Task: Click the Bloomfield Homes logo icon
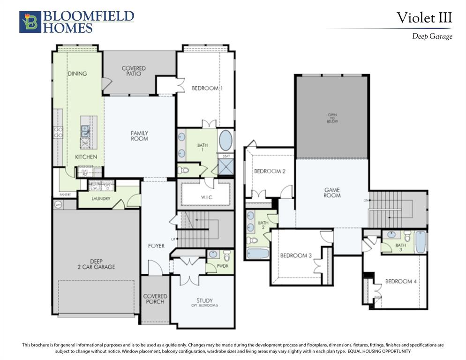pyautogui.click(x=30, y=22)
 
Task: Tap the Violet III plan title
pyautogui.click(x=424, y=18)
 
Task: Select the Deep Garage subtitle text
pyautogui.click(x=432, y=37)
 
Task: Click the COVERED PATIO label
pyautogui.click(x=134, y=71)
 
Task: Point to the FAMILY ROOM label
pyautogui.click(x=139, y=136)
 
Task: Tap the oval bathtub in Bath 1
pyautogui.click(x=225, y=140)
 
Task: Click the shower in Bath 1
pyautogui.click(x=225, y=166)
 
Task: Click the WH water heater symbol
pyautogui.click(x=58, y=204)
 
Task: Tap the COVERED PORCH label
pyautogui.click(x=155, y=299)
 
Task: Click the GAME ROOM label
pyautogui.click(x=332, y=192)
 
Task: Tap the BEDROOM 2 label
pyautogui.click(x=270, y=171)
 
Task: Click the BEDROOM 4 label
pyautogui.click(x=401, y=281)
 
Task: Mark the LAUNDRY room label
pyautogui.click(x=101, y=199)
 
